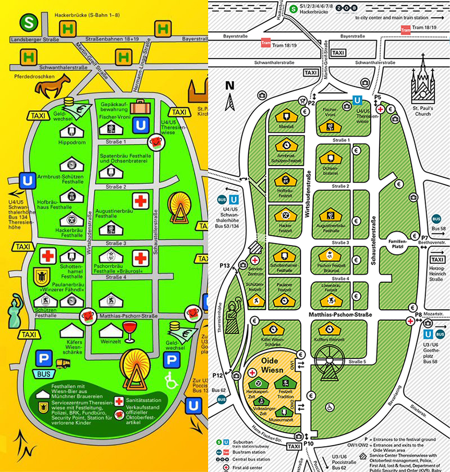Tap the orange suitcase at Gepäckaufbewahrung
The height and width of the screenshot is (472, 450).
coord(141,106)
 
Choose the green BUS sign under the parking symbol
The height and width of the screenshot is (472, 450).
coord(43,373)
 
